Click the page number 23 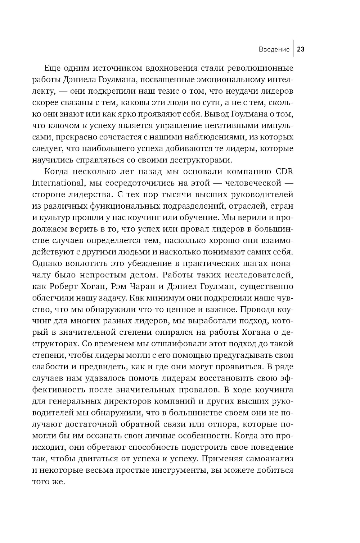coord(301,49)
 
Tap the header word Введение coord(274,49)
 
